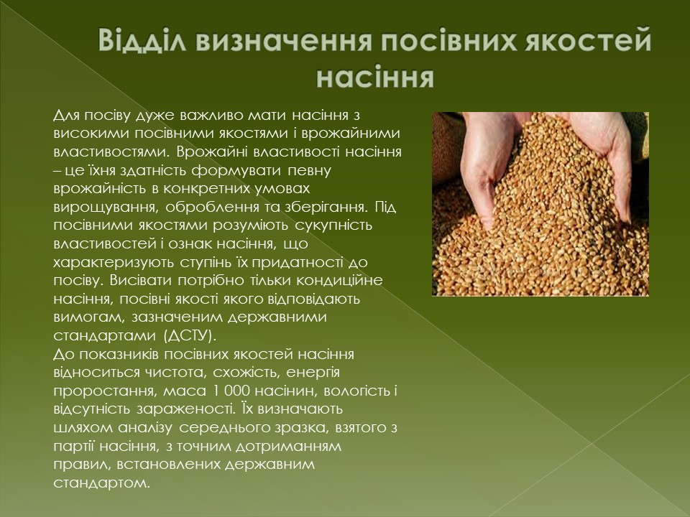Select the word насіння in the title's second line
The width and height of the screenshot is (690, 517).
(x=375, y=78)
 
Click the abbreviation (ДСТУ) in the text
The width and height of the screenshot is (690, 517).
(x=190, y=336)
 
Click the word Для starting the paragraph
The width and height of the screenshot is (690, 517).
(x=66, y=116)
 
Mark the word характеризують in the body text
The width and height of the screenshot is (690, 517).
(x=114, y=263)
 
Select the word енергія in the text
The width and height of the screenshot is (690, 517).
(x=313, y=373)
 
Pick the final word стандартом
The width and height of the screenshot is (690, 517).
(x=101, y=483)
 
